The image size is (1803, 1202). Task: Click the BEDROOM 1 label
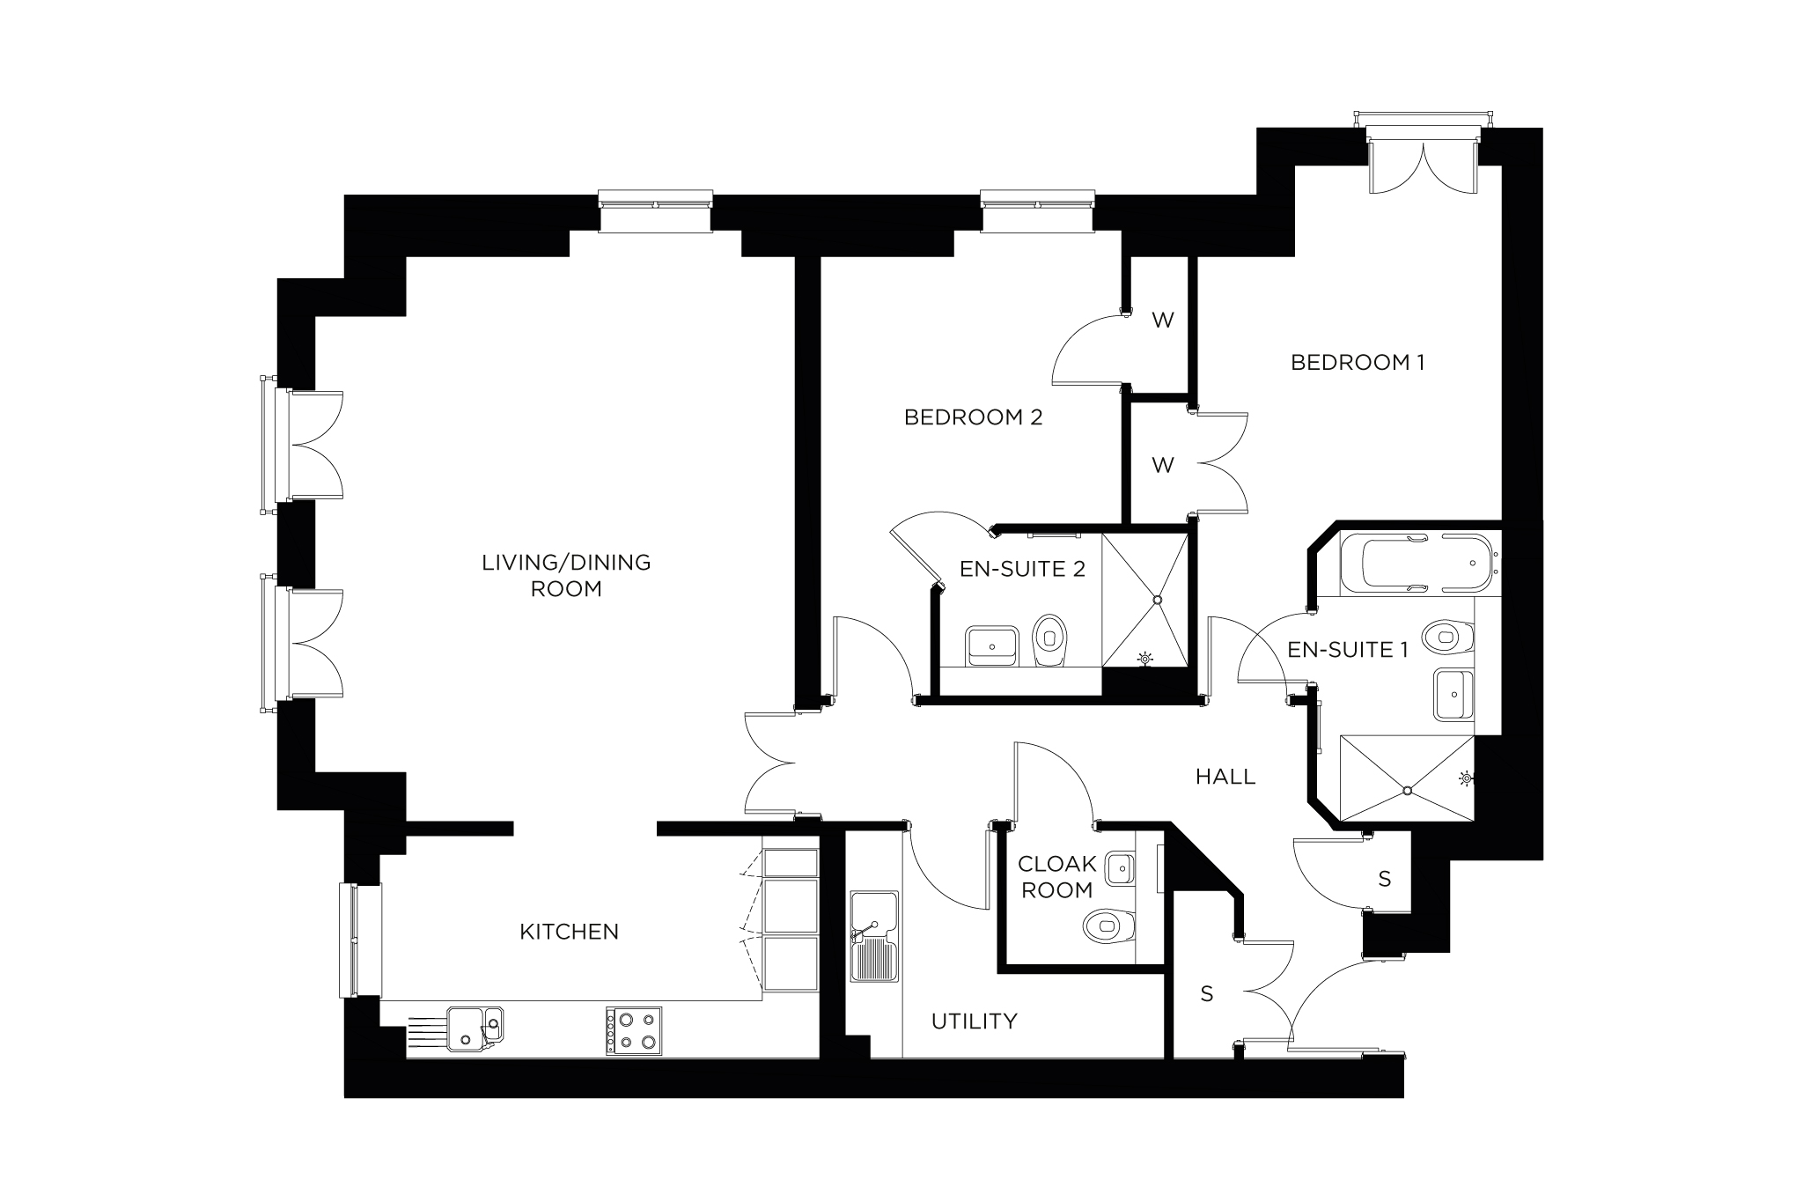[1357, 362]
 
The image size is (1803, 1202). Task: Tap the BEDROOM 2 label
[973, 417]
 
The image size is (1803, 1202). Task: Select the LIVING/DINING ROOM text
[566, 575]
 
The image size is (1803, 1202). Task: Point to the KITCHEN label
[569, 932]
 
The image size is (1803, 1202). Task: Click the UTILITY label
[974, 1021]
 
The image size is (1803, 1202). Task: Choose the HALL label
[1225, 777]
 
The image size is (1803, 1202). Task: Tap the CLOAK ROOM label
[1056, 877]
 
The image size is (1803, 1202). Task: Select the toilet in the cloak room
[1107, 925]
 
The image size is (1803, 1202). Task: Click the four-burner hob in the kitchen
[633, 1031]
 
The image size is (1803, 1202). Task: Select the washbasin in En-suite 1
[1453, 694]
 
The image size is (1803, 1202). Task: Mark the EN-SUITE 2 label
[1021, 569]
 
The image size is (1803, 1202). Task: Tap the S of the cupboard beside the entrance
[1206, 994]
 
